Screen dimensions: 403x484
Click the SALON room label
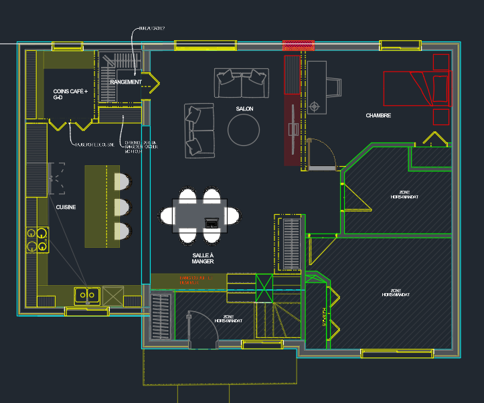click(x=244, y=108)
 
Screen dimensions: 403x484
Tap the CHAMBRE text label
click(x=378, y=116)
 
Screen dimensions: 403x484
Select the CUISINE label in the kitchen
click(x=66, y=208)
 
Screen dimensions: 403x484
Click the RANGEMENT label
click(x=126, y=82)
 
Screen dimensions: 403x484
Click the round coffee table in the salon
click(x=243, y=130)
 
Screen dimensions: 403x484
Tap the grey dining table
click(x=199, y=216)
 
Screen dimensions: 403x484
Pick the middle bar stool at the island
click(x=122, y=206)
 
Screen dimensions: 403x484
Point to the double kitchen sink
click(x=88, y=294)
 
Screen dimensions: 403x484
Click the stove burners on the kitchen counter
click(x=37, y=239)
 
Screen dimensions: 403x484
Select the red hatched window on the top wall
click(x=299, y=46)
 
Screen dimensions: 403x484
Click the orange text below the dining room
click(x=195, y=280)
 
